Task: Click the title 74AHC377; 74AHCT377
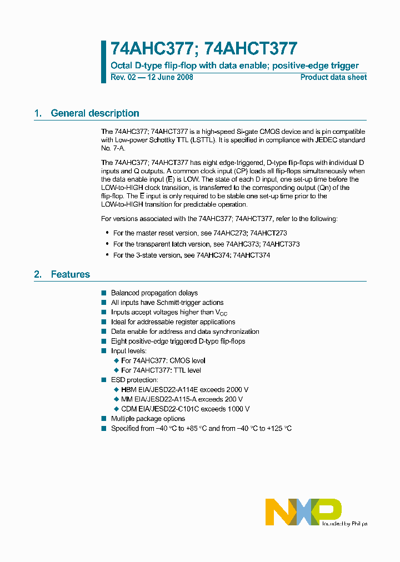point(203,49)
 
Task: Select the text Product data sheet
point(333,77)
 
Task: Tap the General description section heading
point(94,113)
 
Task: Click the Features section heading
point(70,274)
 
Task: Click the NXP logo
point(303,511)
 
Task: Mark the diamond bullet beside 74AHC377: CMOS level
point(116,360)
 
